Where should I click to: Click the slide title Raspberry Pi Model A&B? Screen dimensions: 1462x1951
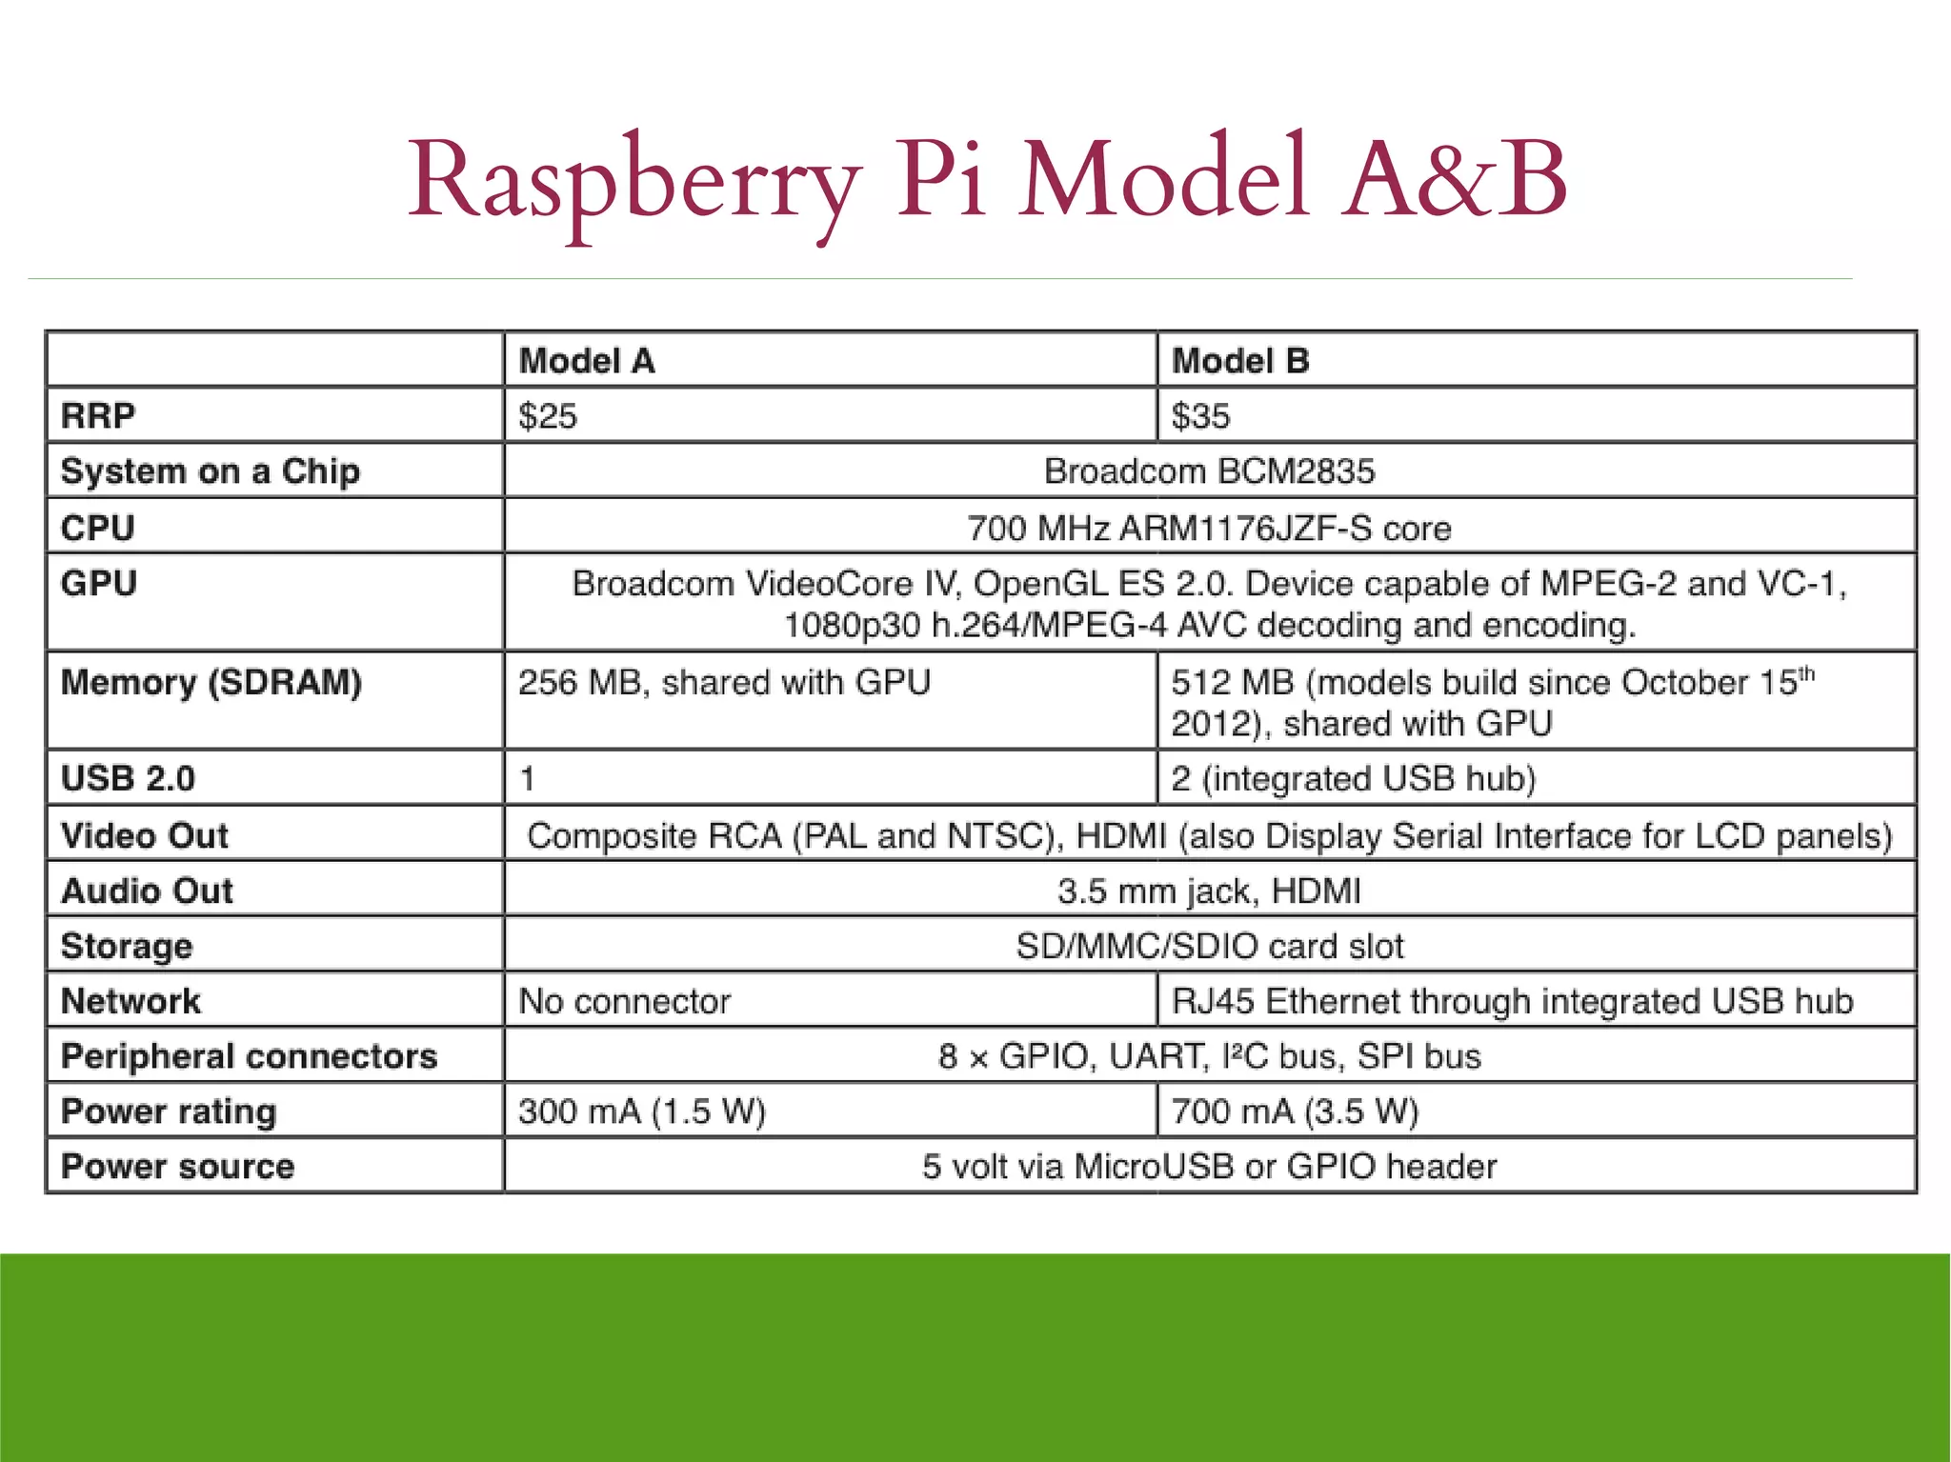tap(987, 181)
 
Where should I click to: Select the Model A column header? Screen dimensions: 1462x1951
tap(586, 361)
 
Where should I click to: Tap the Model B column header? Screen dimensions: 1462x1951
tap(1239, 361)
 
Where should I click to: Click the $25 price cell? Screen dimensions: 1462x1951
tap(547, 416)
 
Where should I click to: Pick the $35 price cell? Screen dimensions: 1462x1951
tap(1200, 416)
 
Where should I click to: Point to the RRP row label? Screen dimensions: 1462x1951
tap(98, 416)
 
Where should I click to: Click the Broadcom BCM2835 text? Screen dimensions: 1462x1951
tap(1209, 471)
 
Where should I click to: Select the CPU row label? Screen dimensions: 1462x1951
tap(97, 528)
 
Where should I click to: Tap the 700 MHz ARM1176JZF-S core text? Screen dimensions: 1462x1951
tap(1209, 528)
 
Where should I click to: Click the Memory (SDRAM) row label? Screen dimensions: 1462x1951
tap(211, 683)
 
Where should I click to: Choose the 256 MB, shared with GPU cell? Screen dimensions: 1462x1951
tap(724, 683)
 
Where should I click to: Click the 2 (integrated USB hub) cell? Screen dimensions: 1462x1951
tap(1353, 779)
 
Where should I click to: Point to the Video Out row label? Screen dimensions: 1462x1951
tap(144, 835)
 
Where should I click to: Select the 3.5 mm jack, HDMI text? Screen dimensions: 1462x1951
tap(1209, 891)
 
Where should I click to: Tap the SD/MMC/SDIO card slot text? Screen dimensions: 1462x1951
tap(1209, 947)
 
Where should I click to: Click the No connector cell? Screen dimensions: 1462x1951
tap(624, 1002)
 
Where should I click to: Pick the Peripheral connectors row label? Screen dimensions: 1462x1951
tap(249, 1056)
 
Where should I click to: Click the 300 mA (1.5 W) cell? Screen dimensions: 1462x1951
tap(641, 1112)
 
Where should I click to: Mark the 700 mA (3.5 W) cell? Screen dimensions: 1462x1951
tap(1295, 1112)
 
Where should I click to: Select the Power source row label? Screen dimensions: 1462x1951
tap(177, 1167)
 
